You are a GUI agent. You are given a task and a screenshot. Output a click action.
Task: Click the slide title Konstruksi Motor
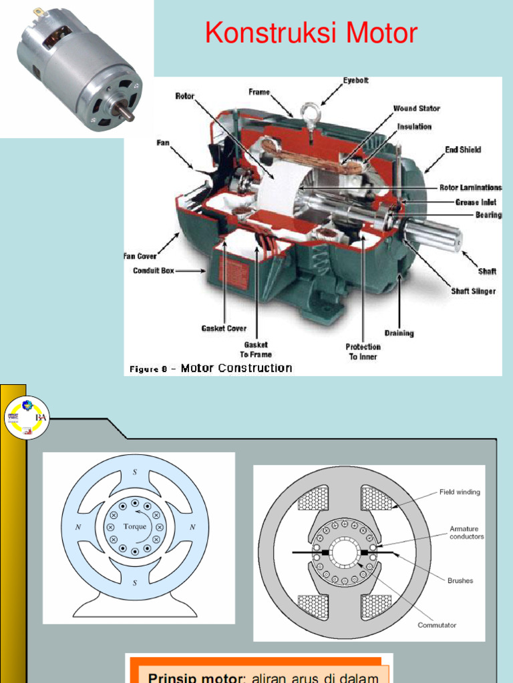pyautogui.click(x=311, y=33)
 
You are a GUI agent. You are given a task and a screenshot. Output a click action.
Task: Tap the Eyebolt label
pyautogui.click(x=355, y=81)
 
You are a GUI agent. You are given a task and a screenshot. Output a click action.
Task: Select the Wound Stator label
pyautogui.click(x=416, y=108)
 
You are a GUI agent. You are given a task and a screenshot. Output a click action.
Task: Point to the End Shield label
pyautogui.click(x=463, y=150)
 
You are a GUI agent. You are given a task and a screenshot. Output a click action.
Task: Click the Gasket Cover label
pyautogui.click(x=224, y=328)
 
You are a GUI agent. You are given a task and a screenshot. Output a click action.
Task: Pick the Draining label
pyautogui.click(x=399, y=333)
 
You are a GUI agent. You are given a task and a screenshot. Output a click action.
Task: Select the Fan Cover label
pyautogui.click(x=140, y=256)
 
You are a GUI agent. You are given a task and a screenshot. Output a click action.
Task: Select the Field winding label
pyautogui.click(x=459, y=492)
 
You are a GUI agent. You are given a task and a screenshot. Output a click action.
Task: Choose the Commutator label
pyautogui.click(x=437, y=625)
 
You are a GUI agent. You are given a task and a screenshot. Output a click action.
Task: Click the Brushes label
pyautogui.click(x=460, y=580)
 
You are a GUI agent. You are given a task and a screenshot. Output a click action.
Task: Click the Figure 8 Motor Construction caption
pyautogui.click(x=209, y=368)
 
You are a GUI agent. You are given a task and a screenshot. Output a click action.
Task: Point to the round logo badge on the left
pyautogui.click(x=27, y=418)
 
